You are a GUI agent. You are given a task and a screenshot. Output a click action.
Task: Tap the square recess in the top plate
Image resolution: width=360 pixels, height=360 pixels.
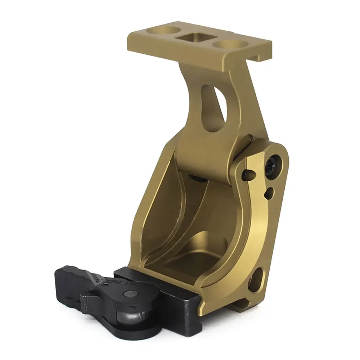pyautogui.click(x=195, y=38)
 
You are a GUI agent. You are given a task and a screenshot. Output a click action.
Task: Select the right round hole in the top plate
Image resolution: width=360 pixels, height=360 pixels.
pyautogui.click(x=227, y=45)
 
